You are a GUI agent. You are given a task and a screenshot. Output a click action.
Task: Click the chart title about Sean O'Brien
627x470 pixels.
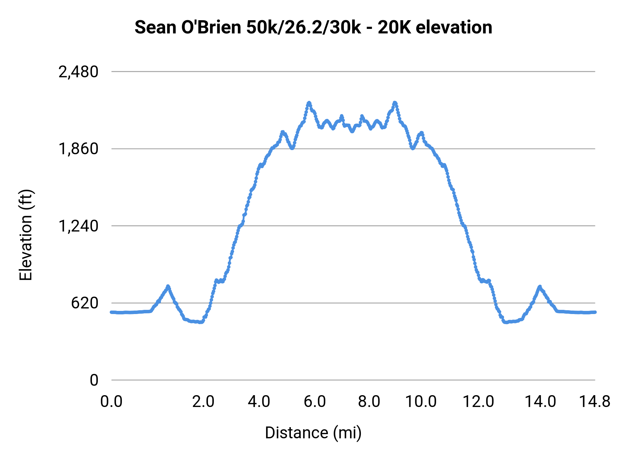[x=313, y=28]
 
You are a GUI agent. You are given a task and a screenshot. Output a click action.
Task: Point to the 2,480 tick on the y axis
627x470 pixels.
[x=78, y=72]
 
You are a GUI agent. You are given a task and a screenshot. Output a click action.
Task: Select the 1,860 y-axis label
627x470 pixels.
[x=78, y=149]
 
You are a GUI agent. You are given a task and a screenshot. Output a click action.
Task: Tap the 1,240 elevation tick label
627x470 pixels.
[x=78, y=226]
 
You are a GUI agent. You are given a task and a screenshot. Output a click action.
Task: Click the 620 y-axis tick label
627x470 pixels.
[x=85, y=303]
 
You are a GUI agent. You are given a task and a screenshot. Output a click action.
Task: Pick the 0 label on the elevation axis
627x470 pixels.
[x=94, y=380]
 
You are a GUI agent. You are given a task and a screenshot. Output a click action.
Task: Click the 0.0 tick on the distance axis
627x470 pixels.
[x=111, y=402]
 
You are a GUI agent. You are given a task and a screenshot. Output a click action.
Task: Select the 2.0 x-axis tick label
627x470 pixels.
[x=203, y=402]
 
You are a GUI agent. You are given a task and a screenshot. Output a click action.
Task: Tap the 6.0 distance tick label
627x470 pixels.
[x=315, y=402]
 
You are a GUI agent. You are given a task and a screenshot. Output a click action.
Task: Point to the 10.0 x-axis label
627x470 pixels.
[x=421, y=402]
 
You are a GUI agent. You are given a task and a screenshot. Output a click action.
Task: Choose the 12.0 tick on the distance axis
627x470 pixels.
[x=478, y=402]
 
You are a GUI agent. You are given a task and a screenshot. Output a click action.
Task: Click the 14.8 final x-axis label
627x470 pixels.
[x=595, y=402]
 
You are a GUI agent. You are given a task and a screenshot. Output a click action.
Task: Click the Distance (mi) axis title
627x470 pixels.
[x=313, y=433]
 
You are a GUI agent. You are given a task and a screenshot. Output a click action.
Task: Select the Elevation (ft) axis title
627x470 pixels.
[x=26, y=235]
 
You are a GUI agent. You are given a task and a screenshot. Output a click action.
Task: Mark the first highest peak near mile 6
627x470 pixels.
[x=309, y=103]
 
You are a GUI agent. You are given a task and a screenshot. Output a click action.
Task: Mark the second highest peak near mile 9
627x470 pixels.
[x=395, y=103]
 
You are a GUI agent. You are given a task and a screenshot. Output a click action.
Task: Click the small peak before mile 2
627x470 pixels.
[x=168, y=287]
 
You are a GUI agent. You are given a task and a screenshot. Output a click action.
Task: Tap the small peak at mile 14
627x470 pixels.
[x=540, y=287]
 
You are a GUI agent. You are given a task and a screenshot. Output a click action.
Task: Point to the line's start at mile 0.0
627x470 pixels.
[x=111, y=312]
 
